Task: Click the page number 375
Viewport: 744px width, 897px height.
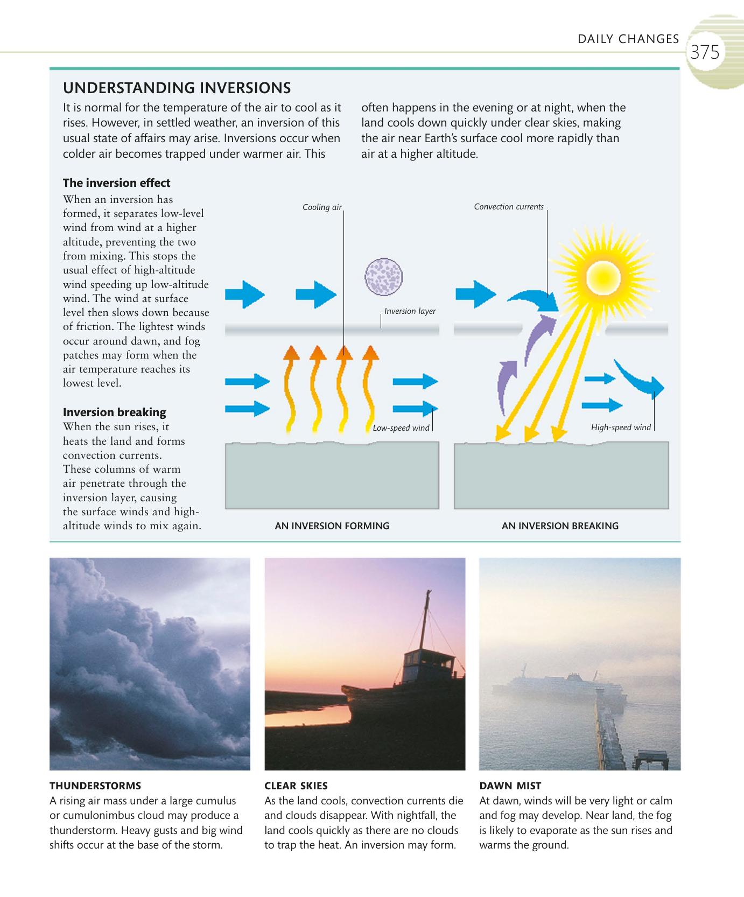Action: click(x=705, y=53)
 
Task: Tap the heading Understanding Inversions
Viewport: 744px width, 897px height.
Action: click(x=177, y=88)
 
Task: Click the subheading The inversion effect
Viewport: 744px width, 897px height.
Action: click(x=116, y=183)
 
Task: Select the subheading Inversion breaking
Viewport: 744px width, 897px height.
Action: click(x=114, y=412)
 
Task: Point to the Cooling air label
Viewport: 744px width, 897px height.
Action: click(x=322, y=207)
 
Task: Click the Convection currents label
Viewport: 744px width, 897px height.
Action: click(x=509, y=207)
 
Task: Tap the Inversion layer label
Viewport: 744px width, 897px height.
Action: click(x=410, y=311)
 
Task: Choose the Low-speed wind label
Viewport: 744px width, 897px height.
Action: click(x=401, y=428)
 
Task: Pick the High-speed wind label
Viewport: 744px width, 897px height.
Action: click(x=621, y=428)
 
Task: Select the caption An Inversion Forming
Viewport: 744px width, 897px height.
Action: click(x=332, y=526)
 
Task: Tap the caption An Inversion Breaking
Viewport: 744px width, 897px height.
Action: click(x=560, y=526)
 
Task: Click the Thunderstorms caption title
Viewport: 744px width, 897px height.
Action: click(x=95, y=786)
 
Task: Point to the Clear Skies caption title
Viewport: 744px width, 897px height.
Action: click(x=296, y=786)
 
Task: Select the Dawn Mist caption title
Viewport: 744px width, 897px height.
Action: click(x=510, y=786)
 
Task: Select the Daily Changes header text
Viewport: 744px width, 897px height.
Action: click(x=628, y=39)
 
